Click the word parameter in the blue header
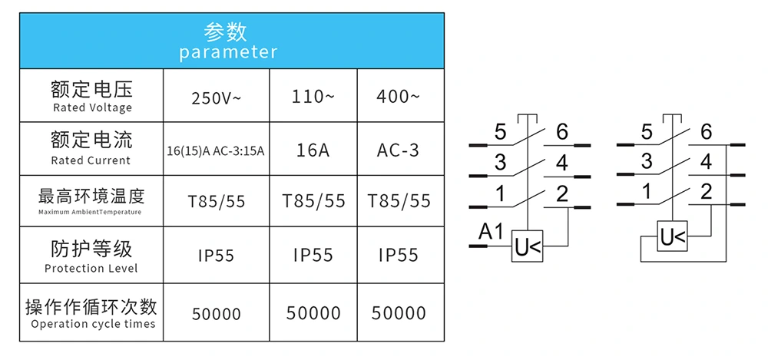coord(228,52)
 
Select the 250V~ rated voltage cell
coord(216,97)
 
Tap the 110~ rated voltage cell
coord(313,97)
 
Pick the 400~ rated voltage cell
coord(398,97)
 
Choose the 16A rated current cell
coord(313,150)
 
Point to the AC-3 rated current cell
coord(398,150)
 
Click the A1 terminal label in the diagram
coord(491,230)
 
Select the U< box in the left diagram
coord(528,247)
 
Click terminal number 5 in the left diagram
coord(501,133)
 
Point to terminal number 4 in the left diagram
coord(561,163)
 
